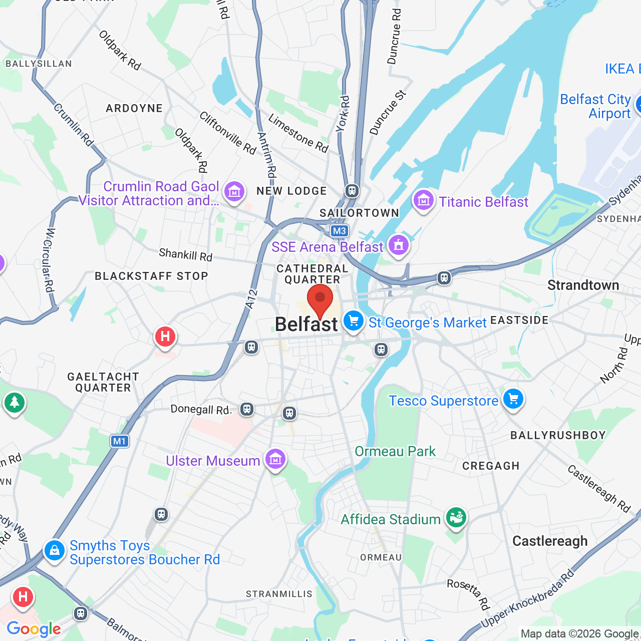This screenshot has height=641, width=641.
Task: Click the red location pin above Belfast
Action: point(320,298)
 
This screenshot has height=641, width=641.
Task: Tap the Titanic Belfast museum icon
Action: point(423,201)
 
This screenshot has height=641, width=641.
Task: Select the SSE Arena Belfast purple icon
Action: point(399,245)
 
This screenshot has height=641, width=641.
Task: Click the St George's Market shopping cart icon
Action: point(354,320)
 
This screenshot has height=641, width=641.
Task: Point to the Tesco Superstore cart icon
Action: point(513,400)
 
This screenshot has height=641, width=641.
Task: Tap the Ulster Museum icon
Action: point(275,459)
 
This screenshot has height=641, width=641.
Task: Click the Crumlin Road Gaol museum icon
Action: point(234,191)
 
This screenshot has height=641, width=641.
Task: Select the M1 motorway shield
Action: point(119,441)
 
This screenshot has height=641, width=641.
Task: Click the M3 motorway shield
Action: point(339,231)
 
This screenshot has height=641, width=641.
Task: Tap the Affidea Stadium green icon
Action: point(456,517)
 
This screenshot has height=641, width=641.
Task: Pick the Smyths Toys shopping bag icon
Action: point(54,551)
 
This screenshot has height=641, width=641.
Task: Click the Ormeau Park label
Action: point(395,451)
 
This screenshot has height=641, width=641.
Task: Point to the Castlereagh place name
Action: point(550,541)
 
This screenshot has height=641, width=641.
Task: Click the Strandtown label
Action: point(583,285)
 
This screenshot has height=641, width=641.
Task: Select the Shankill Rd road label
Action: point(186,255)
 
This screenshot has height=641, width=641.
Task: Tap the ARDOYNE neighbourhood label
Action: point(134,108)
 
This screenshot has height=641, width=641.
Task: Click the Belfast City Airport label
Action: point(595,106)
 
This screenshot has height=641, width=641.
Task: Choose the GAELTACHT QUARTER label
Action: point(103,382)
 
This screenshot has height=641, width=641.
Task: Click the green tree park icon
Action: point(15,402)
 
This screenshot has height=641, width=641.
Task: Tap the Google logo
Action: point(34,629)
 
